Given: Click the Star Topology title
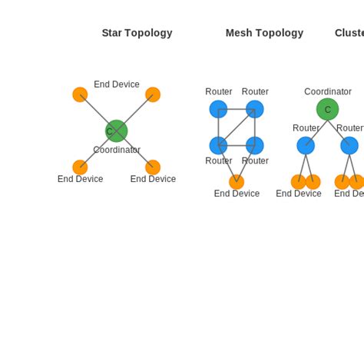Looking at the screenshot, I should [x=137, y=33].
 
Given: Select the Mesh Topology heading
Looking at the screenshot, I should [x=264, y=33].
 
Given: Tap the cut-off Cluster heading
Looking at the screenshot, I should [x=349, y=33].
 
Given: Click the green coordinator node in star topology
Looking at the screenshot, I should [x=116, y=131].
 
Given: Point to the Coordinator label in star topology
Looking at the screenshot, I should [x=117, y=150].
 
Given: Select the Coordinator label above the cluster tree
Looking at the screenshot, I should [x=327, y=91].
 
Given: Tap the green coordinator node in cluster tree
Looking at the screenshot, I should [x=327, y=109].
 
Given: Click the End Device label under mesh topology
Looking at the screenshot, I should [x=237, y=194].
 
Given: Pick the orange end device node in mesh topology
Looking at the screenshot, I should [x=237, y=182].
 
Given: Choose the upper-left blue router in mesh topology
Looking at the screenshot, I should [x=218, y=109].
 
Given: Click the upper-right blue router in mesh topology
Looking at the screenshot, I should [x=255, y=109].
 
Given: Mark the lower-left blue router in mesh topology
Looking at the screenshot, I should [x=218, y=145].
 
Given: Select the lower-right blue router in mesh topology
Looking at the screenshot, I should [x=255, y=145].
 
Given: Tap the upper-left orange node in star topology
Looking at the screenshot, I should [x=80, y=94].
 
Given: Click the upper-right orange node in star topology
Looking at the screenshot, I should [x=153, y=94].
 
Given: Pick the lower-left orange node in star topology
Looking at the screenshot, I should [x=80, y=167].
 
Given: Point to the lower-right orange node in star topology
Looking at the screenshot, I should [x=153, y=167].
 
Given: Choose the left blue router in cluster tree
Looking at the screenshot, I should [x=306, y=145].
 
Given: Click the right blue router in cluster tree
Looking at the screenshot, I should [x=349, y=145].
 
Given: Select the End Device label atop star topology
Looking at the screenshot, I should [x=117, y=84].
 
